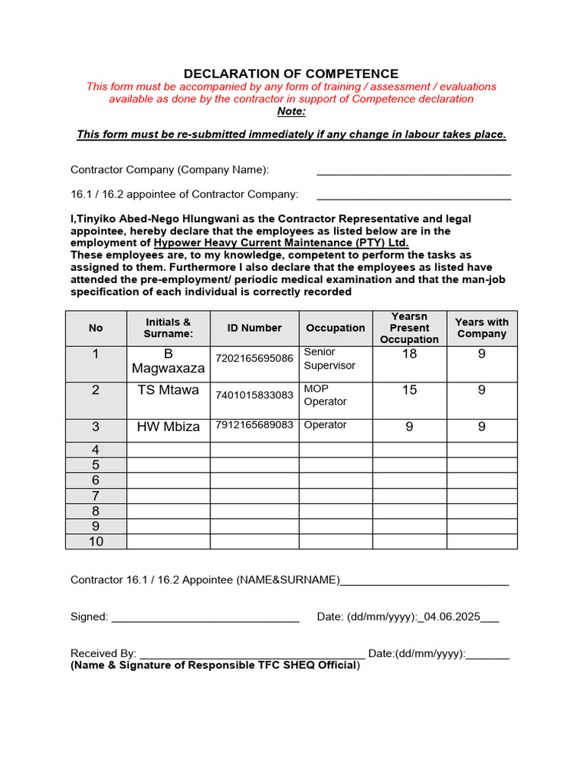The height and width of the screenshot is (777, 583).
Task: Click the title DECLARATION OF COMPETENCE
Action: click(x=291, y=74)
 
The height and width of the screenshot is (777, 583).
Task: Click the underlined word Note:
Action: click(x=291, y=112)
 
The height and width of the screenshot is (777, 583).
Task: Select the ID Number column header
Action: click(x=254, y=328)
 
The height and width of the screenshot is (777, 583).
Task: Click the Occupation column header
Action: click(x=335, y=328)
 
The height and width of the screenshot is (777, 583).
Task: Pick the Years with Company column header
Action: click(x=481, y=328)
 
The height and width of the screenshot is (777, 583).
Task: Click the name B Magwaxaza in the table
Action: click(x=168, y=361)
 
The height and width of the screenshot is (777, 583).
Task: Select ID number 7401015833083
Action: click(x=254, y=395)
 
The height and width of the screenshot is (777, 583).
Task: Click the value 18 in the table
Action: click(x=409, y=354)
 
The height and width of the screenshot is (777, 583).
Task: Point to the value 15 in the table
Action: click(x=409, y=390)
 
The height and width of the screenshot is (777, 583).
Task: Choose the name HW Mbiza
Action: click(x=168, y=426)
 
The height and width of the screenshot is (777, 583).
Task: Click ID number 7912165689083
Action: click(x=254, y=425)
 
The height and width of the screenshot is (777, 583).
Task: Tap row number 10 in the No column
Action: click(x=96, y=542)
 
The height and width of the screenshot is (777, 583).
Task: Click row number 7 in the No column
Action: click(x=96, y=495)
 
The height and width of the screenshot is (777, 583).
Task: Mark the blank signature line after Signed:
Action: click(x=205, y=618)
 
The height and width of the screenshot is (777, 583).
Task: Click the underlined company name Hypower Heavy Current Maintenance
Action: click(x=281, y=243)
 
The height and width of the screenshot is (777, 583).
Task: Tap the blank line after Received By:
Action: click(x=252, y=654)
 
